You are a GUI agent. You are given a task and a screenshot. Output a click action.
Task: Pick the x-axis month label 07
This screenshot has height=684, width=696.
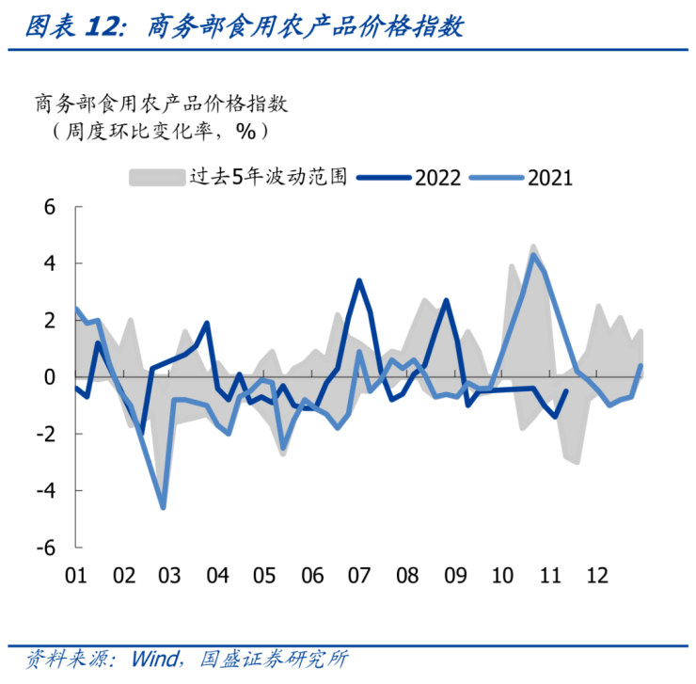click(359, 575)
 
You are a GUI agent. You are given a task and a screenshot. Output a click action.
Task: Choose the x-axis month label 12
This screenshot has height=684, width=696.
click(596, 575)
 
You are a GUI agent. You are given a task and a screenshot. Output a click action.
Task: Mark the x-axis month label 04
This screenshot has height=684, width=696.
click(217, 575)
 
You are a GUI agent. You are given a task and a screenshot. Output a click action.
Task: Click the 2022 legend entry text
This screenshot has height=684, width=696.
click(436, 177)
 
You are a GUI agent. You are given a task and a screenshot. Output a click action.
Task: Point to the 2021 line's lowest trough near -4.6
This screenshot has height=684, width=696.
click(164, 508)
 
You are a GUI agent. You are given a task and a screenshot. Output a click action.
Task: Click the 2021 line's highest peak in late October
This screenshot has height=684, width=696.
click(533, 254)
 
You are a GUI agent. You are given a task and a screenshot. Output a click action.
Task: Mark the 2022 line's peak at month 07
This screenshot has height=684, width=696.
click(359, 280)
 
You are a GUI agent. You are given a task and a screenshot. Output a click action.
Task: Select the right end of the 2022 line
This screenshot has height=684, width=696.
click(566, 391)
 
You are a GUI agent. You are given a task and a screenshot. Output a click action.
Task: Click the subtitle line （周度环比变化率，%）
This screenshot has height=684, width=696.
click(150, 130)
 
